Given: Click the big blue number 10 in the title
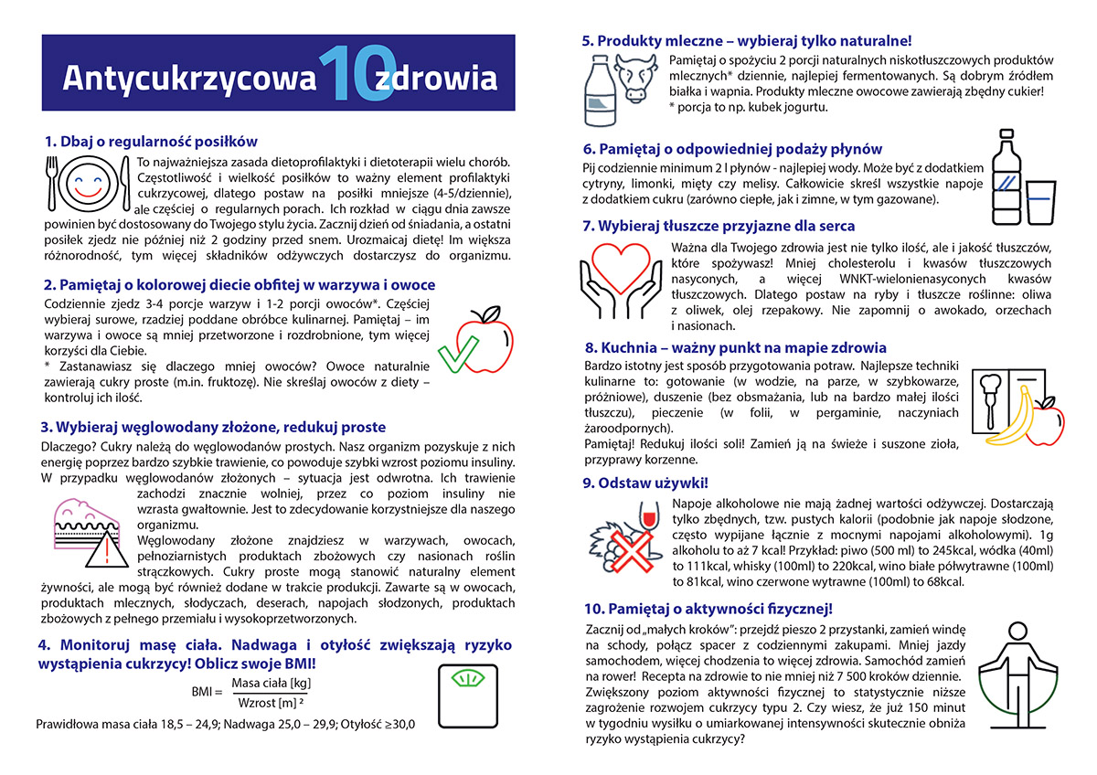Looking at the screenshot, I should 348,73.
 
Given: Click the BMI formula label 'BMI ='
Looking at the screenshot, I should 208,692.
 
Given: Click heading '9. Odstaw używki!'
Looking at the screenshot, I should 644,483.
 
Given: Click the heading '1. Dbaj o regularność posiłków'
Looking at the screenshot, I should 151,142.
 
